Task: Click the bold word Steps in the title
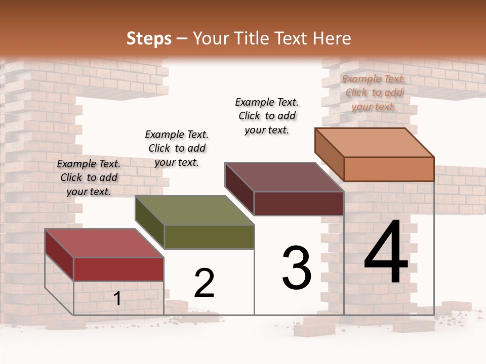[x=148, y=38]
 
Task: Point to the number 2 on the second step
[x=205, y=283]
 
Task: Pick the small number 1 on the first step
[x=117, y=298]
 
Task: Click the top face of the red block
[x=104, y=243]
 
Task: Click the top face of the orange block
[x=375, y=143]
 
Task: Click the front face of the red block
[x=118, y=269]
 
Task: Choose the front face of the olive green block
[x=209, y=237]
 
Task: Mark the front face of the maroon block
[x=299, y=203]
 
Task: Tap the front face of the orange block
[x=389, y=169]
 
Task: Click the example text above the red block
[x=89, y=177]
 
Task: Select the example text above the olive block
[x=177, y=148]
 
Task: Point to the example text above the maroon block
[x=267, y=116]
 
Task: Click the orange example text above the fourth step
[x=374, y=93]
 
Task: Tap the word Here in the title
[x=332, y=38]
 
